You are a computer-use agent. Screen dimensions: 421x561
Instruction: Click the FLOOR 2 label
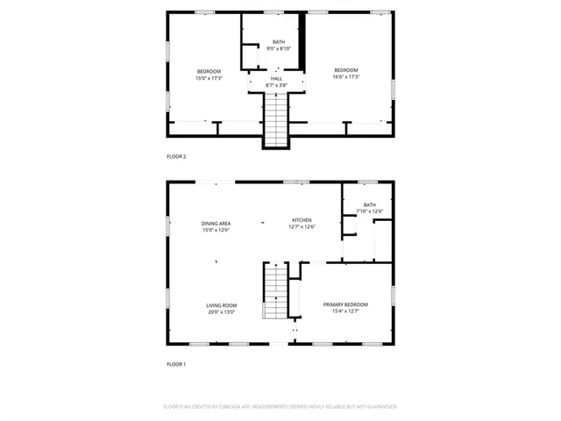pos(176,156)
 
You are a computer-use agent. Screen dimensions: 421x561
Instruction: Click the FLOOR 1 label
pos(176,363)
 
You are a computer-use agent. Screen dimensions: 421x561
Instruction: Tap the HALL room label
pos(276,79)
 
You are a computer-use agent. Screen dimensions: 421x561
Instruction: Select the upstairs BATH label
pos(279,42)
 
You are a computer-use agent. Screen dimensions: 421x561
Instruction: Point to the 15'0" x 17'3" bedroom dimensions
pos(209,78)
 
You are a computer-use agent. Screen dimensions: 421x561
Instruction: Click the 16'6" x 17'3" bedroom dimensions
pos(346,77)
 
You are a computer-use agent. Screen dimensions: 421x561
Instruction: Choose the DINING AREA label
pos(216,224)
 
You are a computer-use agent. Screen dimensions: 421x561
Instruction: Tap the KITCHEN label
pos(302,220)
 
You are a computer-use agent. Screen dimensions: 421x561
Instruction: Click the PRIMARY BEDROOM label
pos(345,305)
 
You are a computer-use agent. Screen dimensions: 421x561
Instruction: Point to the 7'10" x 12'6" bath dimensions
pos(370,211)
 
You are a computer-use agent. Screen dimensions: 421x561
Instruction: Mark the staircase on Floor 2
pos(276,120)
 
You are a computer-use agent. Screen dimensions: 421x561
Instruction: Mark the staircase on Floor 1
pos(275,292)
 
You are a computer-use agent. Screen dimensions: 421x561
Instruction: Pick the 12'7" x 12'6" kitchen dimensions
pos(302,227)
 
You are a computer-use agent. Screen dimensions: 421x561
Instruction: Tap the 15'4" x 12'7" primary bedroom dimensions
pos(345,312)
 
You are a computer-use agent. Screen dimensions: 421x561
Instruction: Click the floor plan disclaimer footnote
pos(280,407)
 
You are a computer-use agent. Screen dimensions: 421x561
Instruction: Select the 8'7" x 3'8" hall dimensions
pos(276,85)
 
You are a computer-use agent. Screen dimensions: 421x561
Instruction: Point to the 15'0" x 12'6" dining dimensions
pos(216,230)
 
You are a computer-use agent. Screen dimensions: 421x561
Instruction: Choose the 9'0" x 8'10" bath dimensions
pos(279,48)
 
